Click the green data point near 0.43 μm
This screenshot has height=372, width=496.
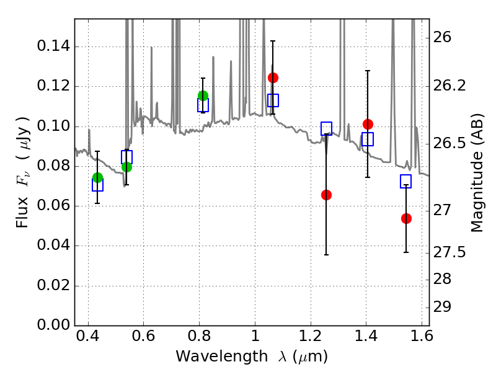point(97,178)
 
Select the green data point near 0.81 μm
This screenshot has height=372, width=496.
point(203,95)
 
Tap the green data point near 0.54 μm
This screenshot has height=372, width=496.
point(126,167)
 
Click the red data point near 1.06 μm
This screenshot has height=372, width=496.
point(273,77)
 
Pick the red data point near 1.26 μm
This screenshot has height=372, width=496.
point(326,195)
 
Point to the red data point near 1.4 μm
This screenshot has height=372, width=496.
point(368,124)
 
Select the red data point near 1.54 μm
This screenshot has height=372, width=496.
point(406,218)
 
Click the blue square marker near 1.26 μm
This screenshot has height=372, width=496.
point(327,129)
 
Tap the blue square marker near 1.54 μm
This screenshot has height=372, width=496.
point(406,182)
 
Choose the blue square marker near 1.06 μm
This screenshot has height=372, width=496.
point(273,100)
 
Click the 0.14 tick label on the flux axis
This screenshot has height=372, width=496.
point(53,47)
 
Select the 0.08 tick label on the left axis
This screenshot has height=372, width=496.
point(53,166)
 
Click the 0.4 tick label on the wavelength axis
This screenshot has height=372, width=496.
point(88,339)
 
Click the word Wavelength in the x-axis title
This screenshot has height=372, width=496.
point(213,357)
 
